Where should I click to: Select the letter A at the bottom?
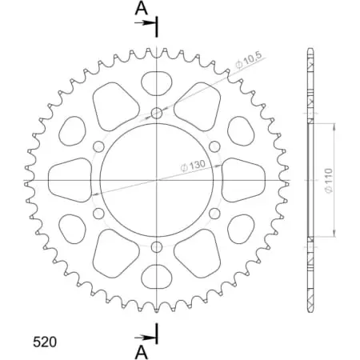click(141, 351)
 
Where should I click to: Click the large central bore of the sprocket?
click(157, 180)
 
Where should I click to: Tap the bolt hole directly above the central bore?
click(157, 113)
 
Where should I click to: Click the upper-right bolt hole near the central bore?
click(215, 146)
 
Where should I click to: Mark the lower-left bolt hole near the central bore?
click(98, 214)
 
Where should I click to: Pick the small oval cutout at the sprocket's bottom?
click(157, 279)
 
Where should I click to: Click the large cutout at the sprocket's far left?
click(70, 179)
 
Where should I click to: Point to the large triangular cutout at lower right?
click(200, 254)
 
